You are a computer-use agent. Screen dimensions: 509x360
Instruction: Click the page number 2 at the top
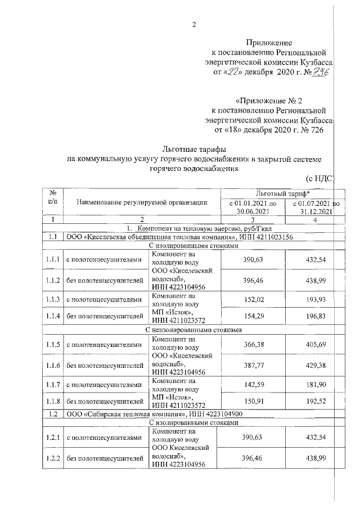[x=193, y=24]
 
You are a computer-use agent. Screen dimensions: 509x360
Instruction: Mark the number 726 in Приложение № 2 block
[x=314, y=130]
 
